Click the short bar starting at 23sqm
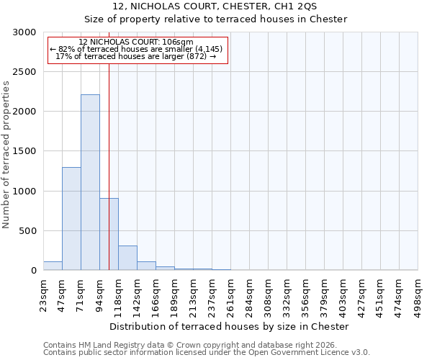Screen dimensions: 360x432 (x=53, y=266)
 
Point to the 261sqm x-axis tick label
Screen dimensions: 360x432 (x=230, y=294)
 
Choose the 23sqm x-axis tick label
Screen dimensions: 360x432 (x=43, y=293)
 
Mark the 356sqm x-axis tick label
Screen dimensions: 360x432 (x=305, y=294)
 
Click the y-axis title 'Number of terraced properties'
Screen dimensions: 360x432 (x=6, y=155)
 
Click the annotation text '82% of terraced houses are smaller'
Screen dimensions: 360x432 (x=137, y=49)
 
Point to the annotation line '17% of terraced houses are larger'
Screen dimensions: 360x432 (x=135, y=56)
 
